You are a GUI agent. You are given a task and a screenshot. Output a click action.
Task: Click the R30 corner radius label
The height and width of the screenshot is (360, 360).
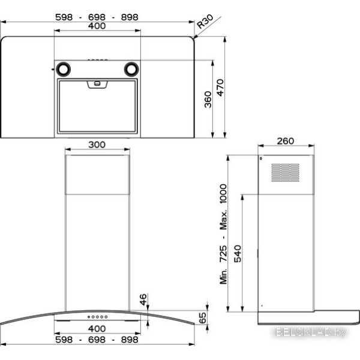pyautogui.click(x=205, y=22)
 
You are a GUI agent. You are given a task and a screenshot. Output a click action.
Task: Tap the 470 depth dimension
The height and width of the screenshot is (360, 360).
pyautogui.click(x=220, y=88)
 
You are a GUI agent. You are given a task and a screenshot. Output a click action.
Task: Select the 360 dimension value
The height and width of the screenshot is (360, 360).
pyautogui.click(x=208, y=100)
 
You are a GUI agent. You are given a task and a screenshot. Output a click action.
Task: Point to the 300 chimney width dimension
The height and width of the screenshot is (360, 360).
pyautogui.click(x=97, y=145)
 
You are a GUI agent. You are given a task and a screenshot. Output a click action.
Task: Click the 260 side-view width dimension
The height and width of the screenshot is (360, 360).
pyautogui.click(x=286, y=141)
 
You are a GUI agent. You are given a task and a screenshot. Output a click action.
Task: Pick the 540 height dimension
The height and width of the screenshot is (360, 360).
pyautogui.click(x=238, y=254)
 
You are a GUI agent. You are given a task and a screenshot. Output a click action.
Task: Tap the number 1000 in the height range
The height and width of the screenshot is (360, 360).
pyautogui.click(x=223, y=193)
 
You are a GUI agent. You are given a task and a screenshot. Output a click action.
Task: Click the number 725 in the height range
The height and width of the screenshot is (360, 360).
pyautogui.click(x=223, y=253)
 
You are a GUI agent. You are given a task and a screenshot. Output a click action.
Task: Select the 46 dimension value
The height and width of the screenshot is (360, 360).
pyautogui.click(x=143, y=299)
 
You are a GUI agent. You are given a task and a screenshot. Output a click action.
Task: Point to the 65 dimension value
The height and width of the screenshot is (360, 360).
pyautogui.click(x=203, y=318)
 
